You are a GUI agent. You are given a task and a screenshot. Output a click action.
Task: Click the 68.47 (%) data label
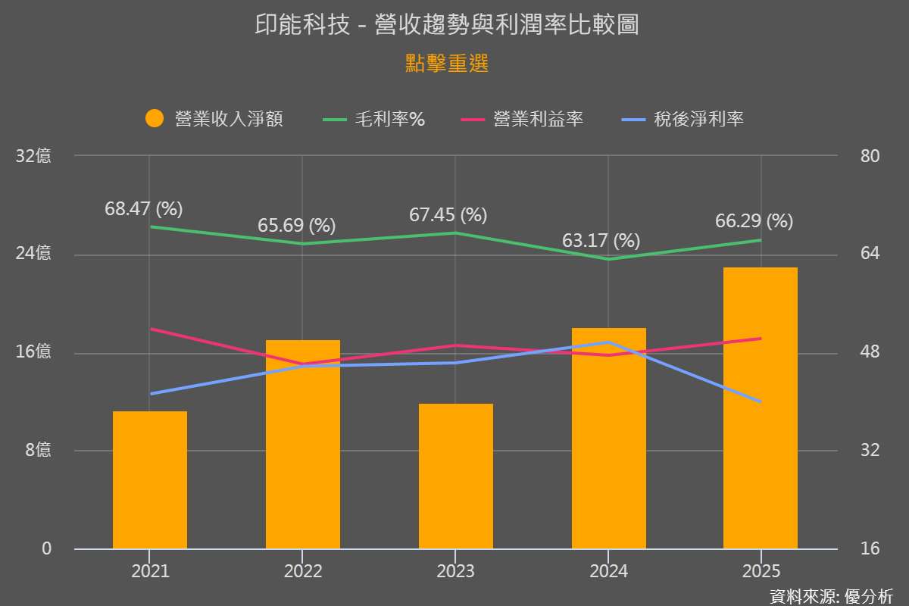(x=144, y=209)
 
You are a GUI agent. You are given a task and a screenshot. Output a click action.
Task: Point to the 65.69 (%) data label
(x=296, y=226)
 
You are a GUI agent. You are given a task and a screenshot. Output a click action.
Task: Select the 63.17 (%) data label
(x=601, y=242)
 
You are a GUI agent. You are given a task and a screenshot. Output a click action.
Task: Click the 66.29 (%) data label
(x=754, y=222)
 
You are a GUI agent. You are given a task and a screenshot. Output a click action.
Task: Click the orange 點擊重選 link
(x=447, y=64)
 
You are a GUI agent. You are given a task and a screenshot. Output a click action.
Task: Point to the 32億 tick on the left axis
(x=33, y=156)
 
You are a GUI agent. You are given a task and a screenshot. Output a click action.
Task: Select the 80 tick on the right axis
(x=870, y=156)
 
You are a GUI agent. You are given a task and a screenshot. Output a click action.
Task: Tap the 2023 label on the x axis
(x=456, y=571)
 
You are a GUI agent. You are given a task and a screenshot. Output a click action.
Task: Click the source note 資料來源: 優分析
(x=831, y=596)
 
